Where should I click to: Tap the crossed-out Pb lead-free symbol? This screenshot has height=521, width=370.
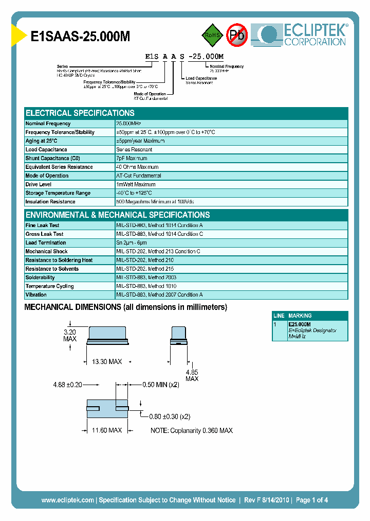(237, 35)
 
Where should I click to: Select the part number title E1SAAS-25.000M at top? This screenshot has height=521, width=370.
(81, 36)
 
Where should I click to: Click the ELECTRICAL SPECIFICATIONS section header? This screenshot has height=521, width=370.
(80, 113)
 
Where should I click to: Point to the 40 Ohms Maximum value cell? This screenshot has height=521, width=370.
(137, 167)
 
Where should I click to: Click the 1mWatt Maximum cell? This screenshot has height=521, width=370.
(136, 184)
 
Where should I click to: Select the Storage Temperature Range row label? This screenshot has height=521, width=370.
(58, 193)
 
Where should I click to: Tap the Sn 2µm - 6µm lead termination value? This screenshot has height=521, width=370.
(132, 242)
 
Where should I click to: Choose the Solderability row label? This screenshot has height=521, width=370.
(40, 277)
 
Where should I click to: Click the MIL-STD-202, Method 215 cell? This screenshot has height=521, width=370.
(145, 269)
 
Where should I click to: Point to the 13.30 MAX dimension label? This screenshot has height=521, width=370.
(106, 362)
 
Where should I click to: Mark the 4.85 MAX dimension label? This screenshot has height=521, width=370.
(192, 375)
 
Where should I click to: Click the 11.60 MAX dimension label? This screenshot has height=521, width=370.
(106, 430)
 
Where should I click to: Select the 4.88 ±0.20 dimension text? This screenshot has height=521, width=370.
(68, 384)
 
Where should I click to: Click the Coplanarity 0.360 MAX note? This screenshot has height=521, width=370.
(191, 430)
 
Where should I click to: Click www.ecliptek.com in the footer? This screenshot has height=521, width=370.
(67, 500)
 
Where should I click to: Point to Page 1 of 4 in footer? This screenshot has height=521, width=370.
(312, 500)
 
